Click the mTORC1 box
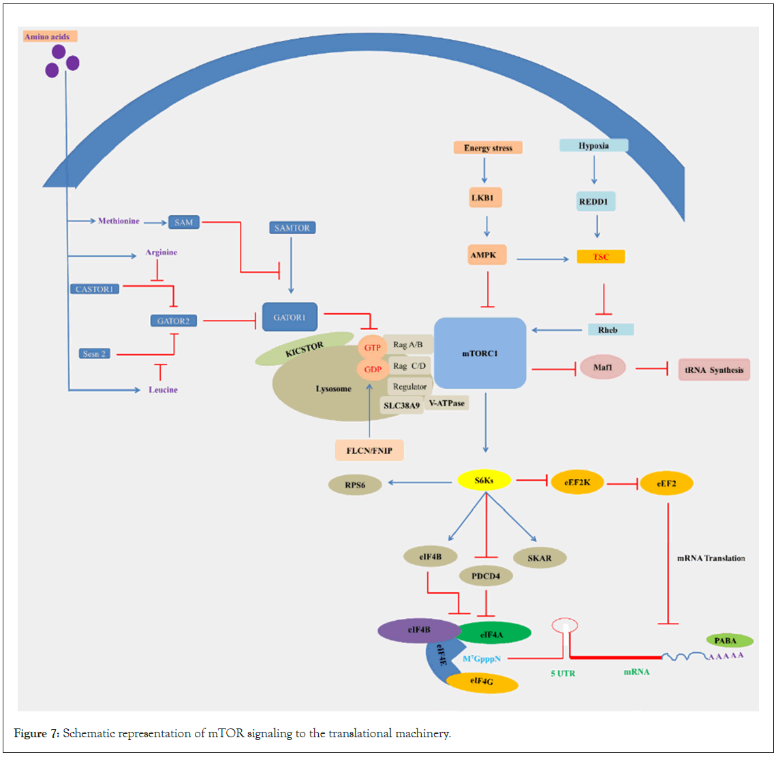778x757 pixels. (480, 353)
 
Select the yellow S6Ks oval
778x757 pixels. (484, 481)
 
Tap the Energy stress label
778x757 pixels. (488, 147)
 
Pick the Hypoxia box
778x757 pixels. (593, 146)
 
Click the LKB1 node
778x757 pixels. (482, 198)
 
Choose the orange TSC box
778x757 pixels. (600, 257)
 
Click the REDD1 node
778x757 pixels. (593, 202)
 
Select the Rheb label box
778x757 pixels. (610, 329)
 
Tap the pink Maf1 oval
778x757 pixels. (603, 368)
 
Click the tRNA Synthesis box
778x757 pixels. (714, 370)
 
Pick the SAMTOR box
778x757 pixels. (292, 228)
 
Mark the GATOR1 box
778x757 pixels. (290, 317)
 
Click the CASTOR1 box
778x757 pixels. (95, 289)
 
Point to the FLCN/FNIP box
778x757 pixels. (369, 450)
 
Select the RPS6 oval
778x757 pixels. (355, 485)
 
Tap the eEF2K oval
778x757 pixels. (577, 483)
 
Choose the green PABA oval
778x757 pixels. (729, 641)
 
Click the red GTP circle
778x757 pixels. (372, 348)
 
